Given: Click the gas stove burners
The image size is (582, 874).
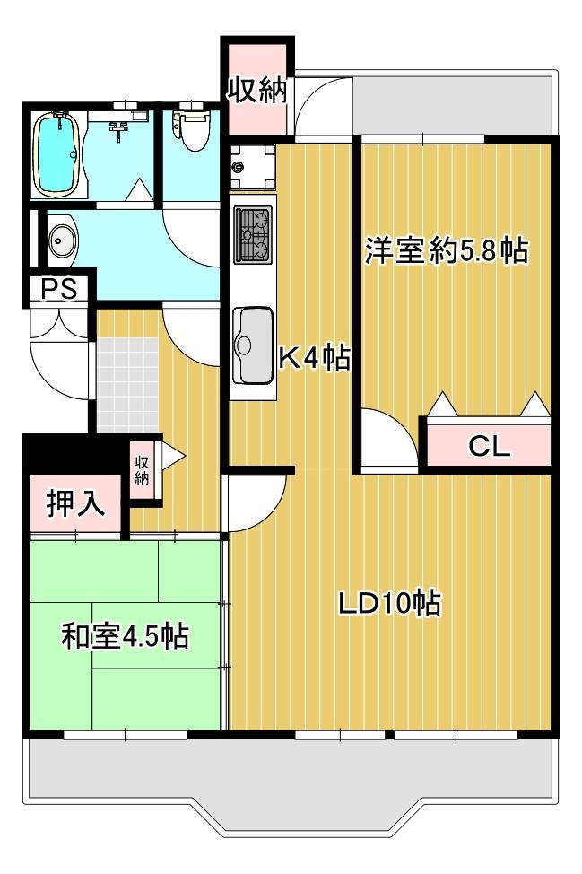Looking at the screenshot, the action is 254,235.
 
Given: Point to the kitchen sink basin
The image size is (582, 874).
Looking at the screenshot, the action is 254,345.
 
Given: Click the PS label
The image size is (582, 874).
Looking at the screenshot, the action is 60,289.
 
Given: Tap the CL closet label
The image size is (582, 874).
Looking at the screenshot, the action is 489,447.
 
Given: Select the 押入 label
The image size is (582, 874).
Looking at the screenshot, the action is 74,503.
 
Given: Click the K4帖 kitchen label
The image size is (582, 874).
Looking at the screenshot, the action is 314,358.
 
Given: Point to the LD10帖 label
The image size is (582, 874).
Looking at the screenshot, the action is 390,603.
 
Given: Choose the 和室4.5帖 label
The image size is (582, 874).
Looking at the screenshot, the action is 125,636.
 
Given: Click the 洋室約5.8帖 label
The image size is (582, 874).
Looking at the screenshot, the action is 447,250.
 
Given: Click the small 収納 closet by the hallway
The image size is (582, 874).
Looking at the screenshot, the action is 142,470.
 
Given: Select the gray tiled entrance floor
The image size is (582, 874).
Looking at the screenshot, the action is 128,385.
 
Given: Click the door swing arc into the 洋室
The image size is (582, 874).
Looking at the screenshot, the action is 402,423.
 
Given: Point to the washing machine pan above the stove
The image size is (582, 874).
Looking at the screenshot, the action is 253,167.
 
